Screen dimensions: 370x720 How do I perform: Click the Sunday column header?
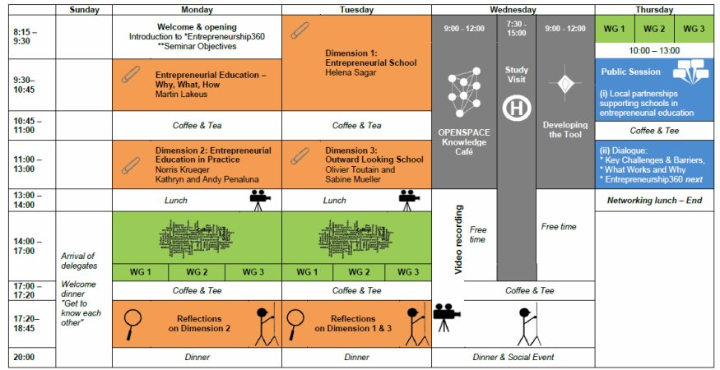click(x=83, y=10)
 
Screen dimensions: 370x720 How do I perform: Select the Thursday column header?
click(x=654, y=10)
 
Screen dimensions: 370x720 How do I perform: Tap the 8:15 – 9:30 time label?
click(x=27, y=35)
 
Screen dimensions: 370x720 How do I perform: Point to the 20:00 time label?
click(x=25, y=357)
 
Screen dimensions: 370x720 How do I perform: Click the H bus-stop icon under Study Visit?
click(x=516, y=107)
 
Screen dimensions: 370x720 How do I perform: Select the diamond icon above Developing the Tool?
click(x=564, y=85)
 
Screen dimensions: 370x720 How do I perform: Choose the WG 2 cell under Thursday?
click(x=654, y=30)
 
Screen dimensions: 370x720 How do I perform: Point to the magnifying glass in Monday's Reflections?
click(x=132, y=321)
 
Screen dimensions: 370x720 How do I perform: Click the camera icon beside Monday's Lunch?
click(x=260, y=199)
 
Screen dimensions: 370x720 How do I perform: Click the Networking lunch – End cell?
click(x=654, y=200)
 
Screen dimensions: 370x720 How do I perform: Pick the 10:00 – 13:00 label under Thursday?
click(x=654, y=50)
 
